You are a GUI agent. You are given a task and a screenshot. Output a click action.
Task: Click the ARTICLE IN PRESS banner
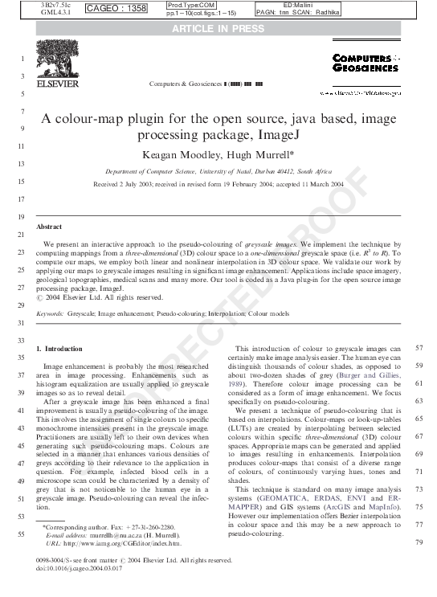(x=218, y=30)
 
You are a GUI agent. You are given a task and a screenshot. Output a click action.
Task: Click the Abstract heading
(x=49, y=227)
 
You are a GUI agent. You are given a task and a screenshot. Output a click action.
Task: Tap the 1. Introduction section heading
(x=59, y=350)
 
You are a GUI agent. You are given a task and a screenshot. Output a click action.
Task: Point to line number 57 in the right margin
(x=419, y=349)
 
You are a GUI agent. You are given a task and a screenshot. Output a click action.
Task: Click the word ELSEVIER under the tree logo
(x=57, y=83)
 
